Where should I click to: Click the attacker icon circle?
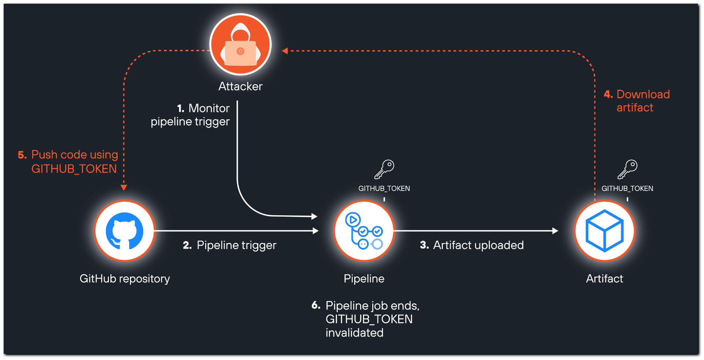[240, 44]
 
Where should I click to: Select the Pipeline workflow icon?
[364, 231]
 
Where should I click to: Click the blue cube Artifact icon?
[605, 231]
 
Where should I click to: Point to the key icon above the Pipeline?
[384, 169]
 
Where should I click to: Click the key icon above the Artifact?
[627, 169]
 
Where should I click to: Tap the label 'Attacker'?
[240, 86]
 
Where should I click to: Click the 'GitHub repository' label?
[124, 279]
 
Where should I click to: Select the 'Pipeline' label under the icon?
[364, 279]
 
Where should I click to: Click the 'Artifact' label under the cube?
[604, 279]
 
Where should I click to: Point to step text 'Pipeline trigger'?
[236, 245]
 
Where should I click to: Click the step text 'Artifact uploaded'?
[478, 245]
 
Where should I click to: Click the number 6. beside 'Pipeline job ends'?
[316, 305]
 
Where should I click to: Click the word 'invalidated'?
[354, 333]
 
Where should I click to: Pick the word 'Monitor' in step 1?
[209, 108]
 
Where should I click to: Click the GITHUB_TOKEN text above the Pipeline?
[384, 188]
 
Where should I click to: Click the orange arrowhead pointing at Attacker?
[285, 51]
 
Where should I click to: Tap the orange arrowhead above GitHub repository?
[124, 187]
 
